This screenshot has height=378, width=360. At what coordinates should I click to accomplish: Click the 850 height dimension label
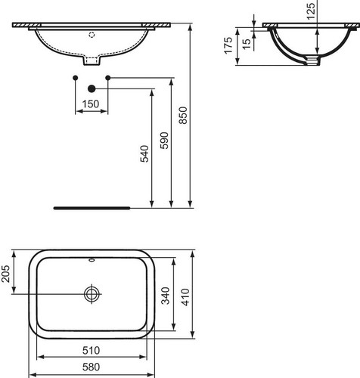pyautogui.click(x=183, y=115)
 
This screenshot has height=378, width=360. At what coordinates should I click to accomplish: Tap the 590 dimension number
pyautogui.click(x=164, y=141)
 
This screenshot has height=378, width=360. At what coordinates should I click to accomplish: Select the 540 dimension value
pyautogui.click(x=144, y=153)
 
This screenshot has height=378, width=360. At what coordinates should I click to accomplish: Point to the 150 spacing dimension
pyautogui.click(x=91, y=104)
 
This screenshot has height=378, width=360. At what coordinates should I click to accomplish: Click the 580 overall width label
pyautogui.click(x=91, y=367)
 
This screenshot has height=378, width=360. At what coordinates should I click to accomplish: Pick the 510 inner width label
pyautogui.click(x=91, y=350)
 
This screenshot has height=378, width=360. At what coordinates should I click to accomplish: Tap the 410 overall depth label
pyautogui.click(x=185, y=297)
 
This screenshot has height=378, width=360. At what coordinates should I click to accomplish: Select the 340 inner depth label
pyautogui.click(x=166, y=296)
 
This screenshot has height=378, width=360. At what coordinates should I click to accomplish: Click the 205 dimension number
pyautogui.click(x=5, y=274)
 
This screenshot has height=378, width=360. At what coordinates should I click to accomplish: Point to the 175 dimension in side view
pyautogui.click(x=228, y=45)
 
